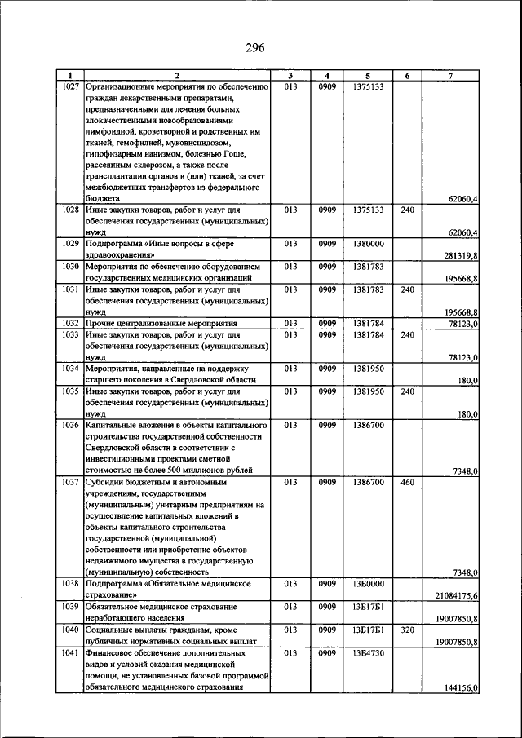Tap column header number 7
(x=451, y=76)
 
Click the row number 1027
(x=70, y=86)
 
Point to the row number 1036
(x=70, y=426)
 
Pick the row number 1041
(x=70, y=654)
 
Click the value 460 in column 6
(x=408, y=483)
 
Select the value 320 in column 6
(x=408, y=631)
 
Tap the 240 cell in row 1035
(x=408, y=391)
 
